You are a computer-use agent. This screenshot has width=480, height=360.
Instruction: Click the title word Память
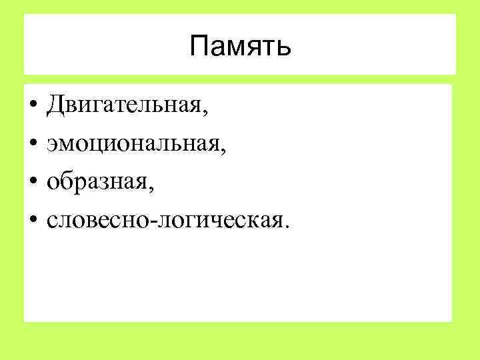coord(240,47)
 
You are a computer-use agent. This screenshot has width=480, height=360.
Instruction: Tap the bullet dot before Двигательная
coord(32,105)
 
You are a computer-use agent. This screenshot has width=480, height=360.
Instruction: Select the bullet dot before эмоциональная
coord(32,143)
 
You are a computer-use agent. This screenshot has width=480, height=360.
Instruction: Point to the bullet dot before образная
coord(32,181)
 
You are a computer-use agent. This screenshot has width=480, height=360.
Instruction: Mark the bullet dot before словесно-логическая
coord(32,219)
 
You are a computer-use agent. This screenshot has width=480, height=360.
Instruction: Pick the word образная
coord(98,181)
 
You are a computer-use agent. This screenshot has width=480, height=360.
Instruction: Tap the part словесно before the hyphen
coord(99,219)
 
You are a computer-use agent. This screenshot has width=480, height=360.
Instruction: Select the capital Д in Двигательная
coord(55,105)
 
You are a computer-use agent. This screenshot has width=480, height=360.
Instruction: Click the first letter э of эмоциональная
coord(51,144)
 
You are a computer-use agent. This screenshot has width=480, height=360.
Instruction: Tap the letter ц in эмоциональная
coord(95,144)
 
